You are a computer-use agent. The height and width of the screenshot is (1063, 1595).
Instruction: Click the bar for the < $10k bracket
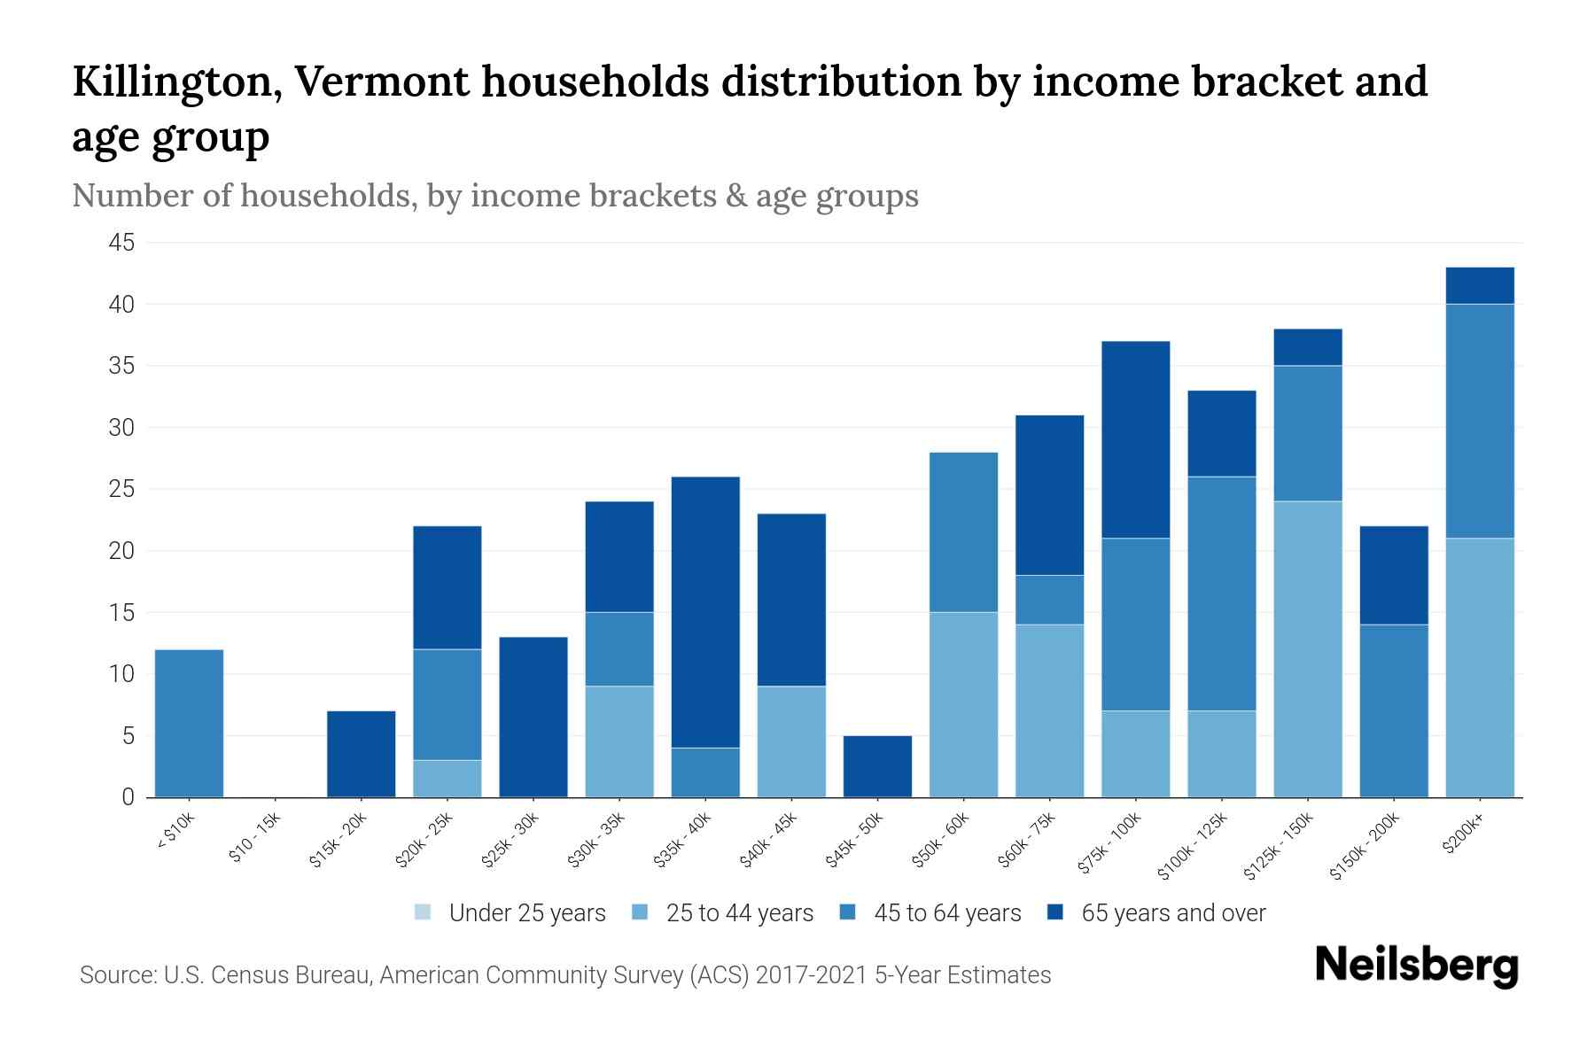(189, 723)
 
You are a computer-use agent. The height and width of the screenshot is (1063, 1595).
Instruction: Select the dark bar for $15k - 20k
(361, 754)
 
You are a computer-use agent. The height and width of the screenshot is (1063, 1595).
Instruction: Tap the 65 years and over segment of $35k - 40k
(705, 612)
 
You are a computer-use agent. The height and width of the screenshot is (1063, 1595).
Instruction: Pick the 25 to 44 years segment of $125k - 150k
(1307, 649)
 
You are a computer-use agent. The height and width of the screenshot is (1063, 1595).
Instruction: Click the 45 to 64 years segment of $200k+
(1479, 421)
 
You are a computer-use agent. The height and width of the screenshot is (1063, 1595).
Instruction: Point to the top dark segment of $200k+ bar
(1479, 285)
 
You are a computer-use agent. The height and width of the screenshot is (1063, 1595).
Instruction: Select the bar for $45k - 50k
(877, 766)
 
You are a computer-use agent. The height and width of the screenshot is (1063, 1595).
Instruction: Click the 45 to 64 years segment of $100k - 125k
(1221, 594)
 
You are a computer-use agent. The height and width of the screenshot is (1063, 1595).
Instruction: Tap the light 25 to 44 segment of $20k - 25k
(447, 779)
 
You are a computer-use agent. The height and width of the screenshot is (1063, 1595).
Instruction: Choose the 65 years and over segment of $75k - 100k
(1135, 439)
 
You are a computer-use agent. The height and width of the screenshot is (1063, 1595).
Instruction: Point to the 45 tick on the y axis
(122, 243)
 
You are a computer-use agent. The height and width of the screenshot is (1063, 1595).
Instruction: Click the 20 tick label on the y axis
(122, 551)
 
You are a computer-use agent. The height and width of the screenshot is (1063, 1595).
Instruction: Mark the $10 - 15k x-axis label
(253, 840)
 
